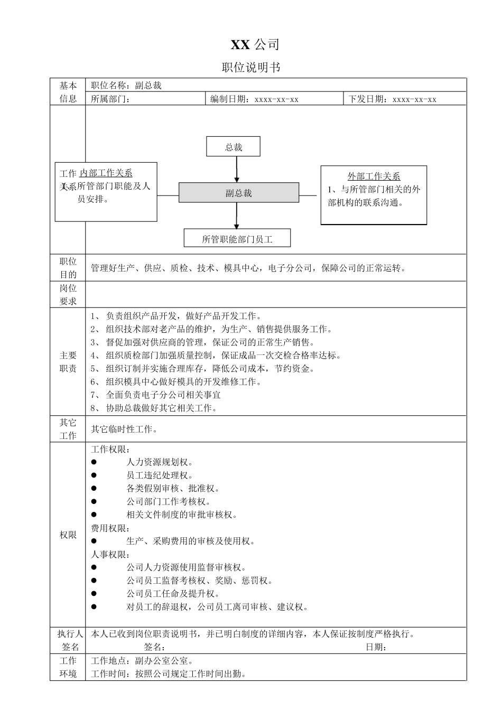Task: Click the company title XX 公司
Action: coord(255,45)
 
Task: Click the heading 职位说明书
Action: coord(251,68)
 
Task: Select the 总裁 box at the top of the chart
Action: coord(233,147)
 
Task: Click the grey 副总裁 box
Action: coord(239,193)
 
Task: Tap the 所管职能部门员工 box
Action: coord(237,239)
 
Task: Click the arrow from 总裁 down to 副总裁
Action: coord(237,170)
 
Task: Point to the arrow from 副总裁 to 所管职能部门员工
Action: coord(237,216)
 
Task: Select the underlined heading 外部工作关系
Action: coord(374,176)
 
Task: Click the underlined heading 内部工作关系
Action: coord(106,173)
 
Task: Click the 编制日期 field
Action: coord(254,99)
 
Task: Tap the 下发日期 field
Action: coord(392,99)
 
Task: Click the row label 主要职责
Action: coord(68,362)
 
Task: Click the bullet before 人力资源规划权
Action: coord(94,462)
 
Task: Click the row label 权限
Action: coord(68,535)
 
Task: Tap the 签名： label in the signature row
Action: coord(155,647)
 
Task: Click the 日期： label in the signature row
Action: coord(376,647)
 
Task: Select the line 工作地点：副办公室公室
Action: coord(142,660)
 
